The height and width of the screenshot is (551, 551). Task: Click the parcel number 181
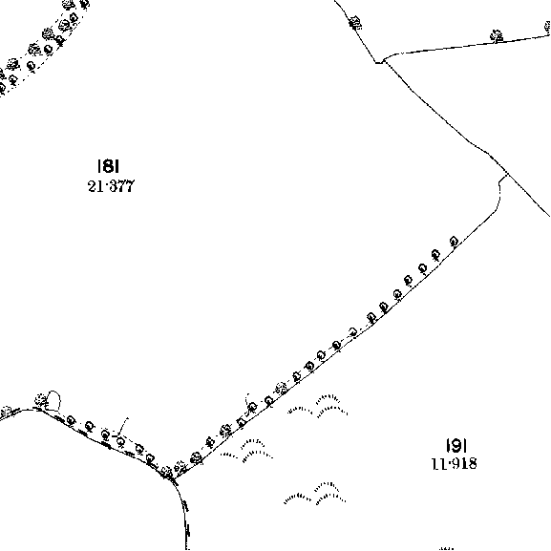tap(108, 165)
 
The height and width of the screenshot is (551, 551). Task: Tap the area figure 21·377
tap(111, 186)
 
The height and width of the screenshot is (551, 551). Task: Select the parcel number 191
tap(456, 446)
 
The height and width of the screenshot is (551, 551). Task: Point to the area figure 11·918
tap(455, 464)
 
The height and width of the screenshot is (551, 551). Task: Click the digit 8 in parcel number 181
tap(109, 165)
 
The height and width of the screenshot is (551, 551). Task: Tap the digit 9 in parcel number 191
tap(456, 446)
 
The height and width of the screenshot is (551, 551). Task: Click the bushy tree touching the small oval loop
tap(41, 400)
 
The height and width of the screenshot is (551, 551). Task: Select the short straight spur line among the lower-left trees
tap(123, 426)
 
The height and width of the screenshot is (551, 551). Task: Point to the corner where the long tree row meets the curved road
tap(173, 477)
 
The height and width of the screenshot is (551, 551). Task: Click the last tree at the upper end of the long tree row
tap(454, 242)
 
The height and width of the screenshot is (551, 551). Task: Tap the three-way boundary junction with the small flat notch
tap(382, 62)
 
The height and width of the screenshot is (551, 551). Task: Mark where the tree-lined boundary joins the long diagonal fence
tap(506, 174)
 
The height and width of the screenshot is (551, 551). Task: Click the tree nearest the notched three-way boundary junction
tap(355, 23)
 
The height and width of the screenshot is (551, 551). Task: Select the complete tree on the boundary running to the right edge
tap(497, 36)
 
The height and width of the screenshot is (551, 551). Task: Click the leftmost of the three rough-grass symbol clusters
tap(246, 451)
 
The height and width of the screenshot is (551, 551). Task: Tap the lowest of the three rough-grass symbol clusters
tap(315, 494)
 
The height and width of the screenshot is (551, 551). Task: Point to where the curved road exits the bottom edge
tap(186, 549)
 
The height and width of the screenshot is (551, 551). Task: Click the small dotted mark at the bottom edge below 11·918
tap(446, 548)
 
